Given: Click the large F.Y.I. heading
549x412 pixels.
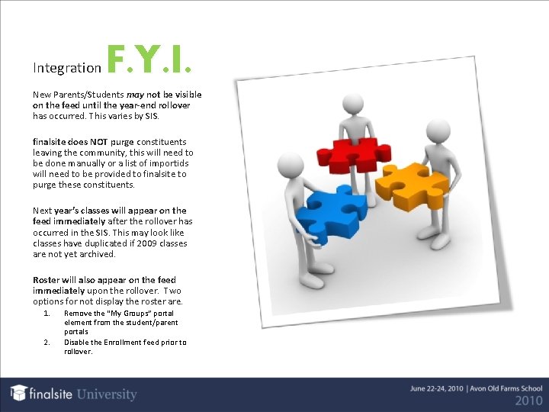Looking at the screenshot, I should pyautogui.click(x=149, y=60).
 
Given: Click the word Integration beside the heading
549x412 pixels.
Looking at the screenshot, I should pyautogui.click(x=67, y=68).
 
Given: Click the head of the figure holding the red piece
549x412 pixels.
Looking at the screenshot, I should pyautogui.click(x=352, y=103).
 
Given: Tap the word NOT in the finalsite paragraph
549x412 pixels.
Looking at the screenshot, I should pyautogui.click(x=98, y=142).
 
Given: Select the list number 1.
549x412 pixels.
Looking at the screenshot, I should pyautogui.click(x=47, y=314).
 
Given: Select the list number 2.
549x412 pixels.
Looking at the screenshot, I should pyautogui.click(x=47, y=343).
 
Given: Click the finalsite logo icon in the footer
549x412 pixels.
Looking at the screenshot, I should pyautogui.click(x=18, y=392).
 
